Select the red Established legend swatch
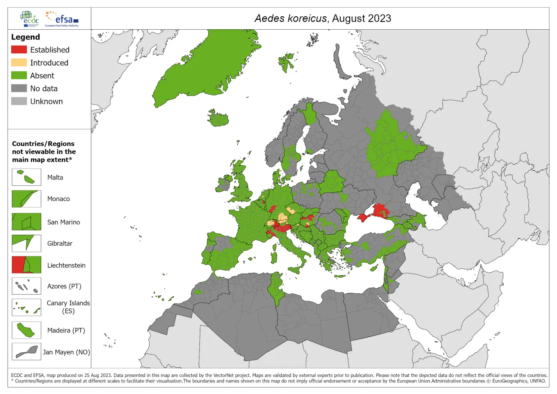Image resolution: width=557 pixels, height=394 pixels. (x=19, y=50)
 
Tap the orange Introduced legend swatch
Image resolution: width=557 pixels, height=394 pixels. (x=19, y=63)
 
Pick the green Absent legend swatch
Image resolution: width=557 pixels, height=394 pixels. (x=19, y=76)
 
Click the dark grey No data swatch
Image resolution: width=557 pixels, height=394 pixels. (x=19, y=89)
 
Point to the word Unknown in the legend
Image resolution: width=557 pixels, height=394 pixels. (x=46, y=102)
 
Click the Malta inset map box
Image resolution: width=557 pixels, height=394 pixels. (x=27, y=177)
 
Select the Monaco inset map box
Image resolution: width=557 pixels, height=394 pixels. (x=27, y=199)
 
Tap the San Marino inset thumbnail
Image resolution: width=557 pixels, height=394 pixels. (x=27, y=222)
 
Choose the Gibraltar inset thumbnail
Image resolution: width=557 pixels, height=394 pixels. (x=27, y=243)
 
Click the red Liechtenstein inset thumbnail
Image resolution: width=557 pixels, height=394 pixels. (x=27, y=265)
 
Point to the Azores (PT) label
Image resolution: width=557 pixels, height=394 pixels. (x=64, y=286)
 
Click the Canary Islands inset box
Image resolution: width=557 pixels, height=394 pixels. (x=27, y=307)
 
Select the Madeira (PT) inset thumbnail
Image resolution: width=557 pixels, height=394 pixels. (x=27, y=330)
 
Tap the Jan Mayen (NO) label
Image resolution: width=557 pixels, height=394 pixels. (x=66, y=352)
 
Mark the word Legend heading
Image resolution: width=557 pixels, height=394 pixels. (x=25, y=37)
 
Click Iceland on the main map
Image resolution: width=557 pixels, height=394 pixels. (x=222, y=118)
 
